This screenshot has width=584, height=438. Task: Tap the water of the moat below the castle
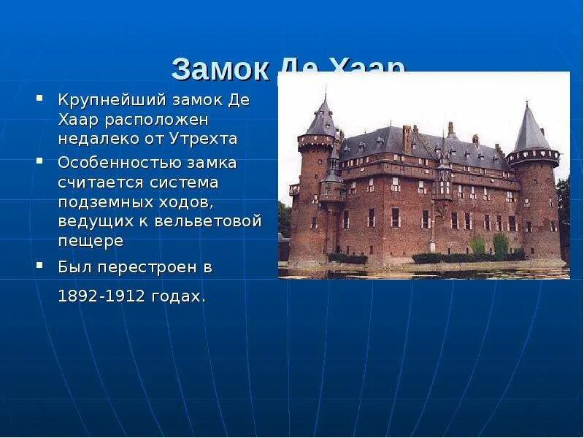(x=423, y=272)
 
